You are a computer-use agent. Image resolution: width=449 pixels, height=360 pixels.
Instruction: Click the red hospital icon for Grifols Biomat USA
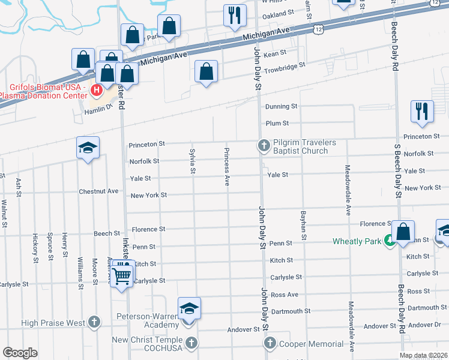tap(97, 91)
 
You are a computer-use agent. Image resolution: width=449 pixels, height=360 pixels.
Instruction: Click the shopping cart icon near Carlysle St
tap(121, 275)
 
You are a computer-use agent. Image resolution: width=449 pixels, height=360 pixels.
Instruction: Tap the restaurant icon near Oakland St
tap(234, 15)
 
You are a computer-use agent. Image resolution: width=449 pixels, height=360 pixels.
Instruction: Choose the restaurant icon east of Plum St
tap(422, 111)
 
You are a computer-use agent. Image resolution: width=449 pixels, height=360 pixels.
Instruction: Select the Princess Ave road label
tap(227, 166)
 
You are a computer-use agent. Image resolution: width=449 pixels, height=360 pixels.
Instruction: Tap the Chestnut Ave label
tap(99, 191)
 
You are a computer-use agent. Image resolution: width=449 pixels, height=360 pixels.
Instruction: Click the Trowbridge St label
tap(285, 64)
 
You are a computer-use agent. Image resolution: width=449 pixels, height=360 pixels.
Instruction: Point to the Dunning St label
tap(282, 106)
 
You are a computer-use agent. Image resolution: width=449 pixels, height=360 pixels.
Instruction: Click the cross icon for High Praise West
tap(94, 323)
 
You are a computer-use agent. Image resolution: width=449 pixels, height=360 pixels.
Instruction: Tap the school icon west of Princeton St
tap(88, 148)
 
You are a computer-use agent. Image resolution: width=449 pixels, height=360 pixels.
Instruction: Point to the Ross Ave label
tap(284, 295)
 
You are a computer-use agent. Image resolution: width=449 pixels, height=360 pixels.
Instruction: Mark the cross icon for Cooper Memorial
tap(269, 344)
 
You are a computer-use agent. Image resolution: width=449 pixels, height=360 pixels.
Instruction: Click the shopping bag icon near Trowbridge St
tap(206, 71)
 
